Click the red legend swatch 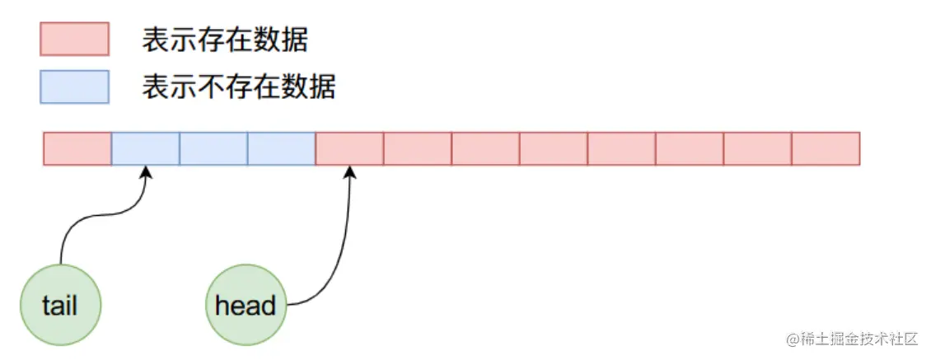74,39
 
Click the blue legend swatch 74,86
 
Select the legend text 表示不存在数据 239,86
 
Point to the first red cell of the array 77,148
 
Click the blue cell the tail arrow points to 145,148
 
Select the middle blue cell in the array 213,148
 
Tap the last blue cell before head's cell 281,148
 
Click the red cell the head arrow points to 349,148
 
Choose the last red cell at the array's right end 826,148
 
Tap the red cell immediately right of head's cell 417,148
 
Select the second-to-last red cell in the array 757,148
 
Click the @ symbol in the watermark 793,339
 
